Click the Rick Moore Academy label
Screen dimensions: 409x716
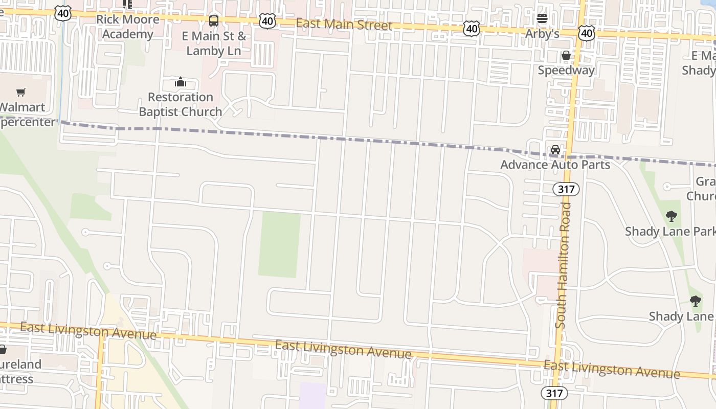click(127, 27)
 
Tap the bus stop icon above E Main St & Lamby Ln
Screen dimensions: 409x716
click(214, 21)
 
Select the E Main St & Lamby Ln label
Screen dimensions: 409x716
click(213, 43)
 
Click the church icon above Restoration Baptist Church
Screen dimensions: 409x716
click(180, 82)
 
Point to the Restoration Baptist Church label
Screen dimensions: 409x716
click(180, 104)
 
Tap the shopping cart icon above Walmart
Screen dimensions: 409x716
click(20, 92)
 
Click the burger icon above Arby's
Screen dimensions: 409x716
click(542, 19)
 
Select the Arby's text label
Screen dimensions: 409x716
click(542, 34)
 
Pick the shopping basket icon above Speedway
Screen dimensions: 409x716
click(566, 55)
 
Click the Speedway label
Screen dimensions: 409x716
click(566, 70)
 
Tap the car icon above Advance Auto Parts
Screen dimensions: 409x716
click(555, 150)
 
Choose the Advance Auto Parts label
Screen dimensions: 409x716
click(555, 165)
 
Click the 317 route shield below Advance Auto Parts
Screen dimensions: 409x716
click(566, 189)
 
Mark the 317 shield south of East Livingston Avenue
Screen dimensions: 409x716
click(554, 393)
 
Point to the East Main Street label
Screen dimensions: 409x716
click(344, 24)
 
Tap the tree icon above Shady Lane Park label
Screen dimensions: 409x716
click(671, 216)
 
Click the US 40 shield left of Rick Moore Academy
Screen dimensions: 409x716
click(63, 14)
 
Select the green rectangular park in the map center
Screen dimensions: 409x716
click(279, 245)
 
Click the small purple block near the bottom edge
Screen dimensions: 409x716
click(312, 396)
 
